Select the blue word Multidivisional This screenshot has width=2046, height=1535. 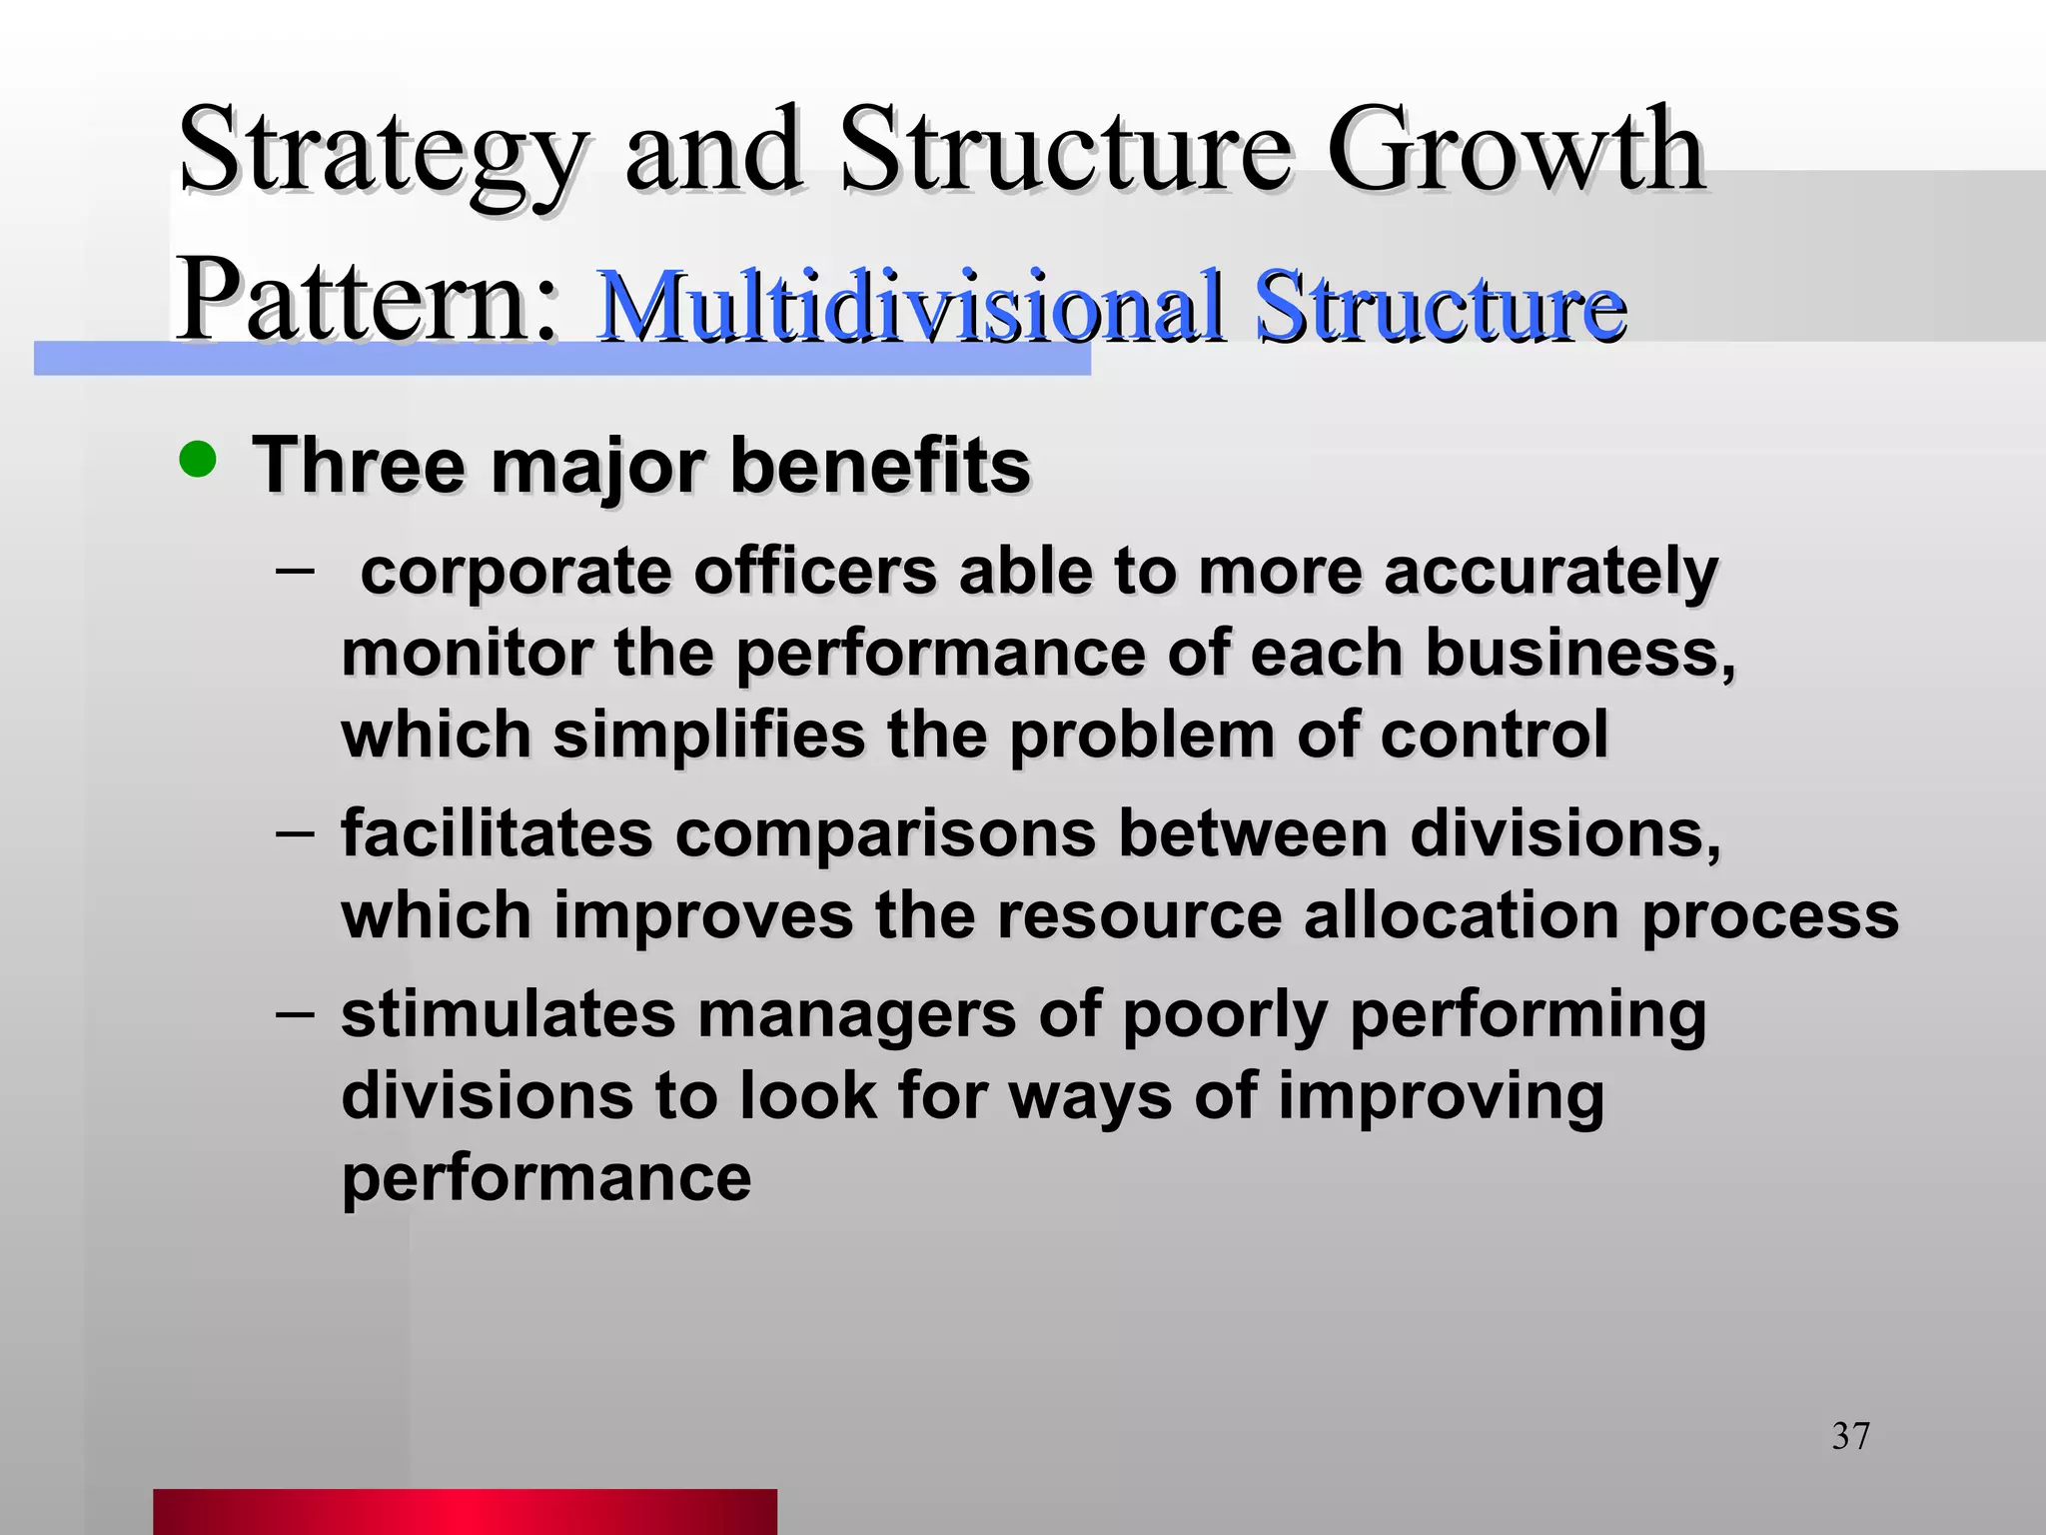click(909, 306)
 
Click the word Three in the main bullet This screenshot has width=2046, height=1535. click(360, 465)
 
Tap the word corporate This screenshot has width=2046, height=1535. click(515, 572)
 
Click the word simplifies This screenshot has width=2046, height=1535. click(708, 735)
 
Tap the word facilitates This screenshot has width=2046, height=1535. click(497, 833)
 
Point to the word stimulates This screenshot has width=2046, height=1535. click(509, 1014)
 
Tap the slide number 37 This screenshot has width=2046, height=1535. click(1850, 1436)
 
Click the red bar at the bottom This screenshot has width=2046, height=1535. click(465, 1511)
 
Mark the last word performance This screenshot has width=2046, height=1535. click(546, 1178)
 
